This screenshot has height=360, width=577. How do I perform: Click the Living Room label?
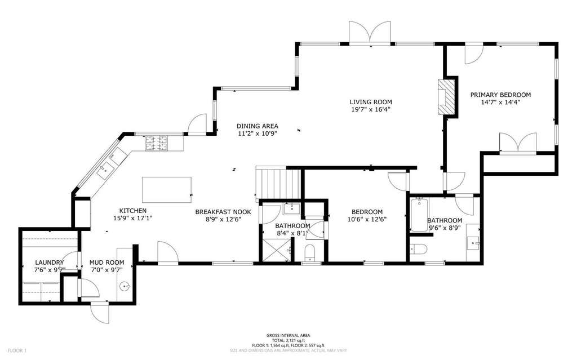(x=371, y=102)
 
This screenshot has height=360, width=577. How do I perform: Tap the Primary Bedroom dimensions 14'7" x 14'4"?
(x=500, y=103)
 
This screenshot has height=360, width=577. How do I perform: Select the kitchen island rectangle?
(x=167, y=190)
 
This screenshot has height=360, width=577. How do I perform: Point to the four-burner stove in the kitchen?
(x=156, y=143)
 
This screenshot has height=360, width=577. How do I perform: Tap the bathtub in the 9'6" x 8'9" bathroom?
(x=419, y=215)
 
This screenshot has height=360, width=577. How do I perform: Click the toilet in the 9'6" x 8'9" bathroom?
(x=419, y=249)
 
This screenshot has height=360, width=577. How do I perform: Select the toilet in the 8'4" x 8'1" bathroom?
(x=310, y=253)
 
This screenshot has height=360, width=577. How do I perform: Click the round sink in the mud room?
(x=126, y=286)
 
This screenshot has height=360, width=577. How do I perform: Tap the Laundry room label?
(x=50, y=263)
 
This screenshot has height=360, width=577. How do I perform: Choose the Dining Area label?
(x=257, y=126)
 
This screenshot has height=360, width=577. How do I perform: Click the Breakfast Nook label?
(x=223, y=212)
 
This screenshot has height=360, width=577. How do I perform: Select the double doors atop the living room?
(x=370, y=33)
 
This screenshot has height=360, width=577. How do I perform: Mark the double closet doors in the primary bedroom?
(x=518, y=142)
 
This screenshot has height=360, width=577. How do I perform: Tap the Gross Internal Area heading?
(x=288, y=335)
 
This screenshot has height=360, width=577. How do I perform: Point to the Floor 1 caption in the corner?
(x=17, y=350)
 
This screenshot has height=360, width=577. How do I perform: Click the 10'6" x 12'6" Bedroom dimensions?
(x=367, y=219)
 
